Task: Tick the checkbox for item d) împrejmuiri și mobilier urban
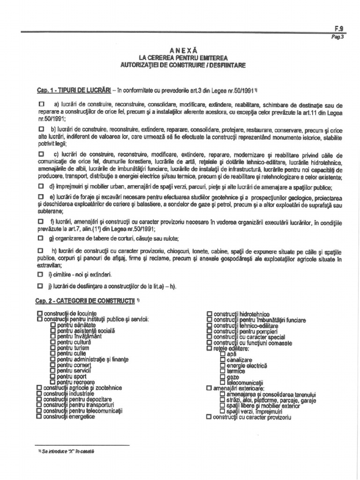pos(41,186)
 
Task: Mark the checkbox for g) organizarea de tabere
pos(41,238)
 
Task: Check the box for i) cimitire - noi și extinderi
pos(41,274)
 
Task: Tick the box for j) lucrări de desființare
pos(41,285)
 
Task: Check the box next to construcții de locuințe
pos(39,313)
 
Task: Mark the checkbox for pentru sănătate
pos(53,324)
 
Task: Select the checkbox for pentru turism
pos(53,347)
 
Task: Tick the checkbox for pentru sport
pos(53,376)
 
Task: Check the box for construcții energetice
pos(39,416)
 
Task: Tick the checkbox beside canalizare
pos(223,360)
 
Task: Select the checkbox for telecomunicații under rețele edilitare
pos(223,382)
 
